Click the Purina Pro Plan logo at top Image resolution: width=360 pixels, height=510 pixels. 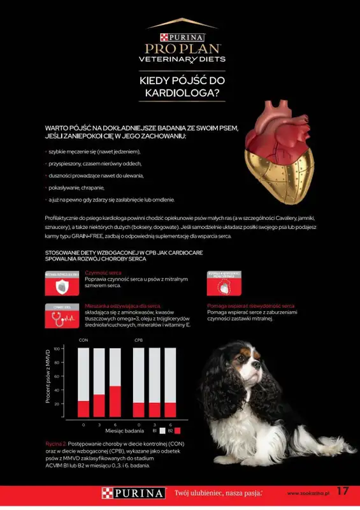point(180,43)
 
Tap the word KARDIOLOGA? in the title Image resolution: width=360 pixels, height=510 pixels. point(180,94)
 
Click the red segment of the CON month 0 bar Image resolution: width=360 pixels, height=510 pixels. point(83,409)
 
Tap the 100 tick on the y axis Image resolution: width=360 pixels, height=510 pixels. point(57,349)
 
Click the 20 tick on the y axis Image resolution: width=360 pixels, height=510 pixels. point(57,404)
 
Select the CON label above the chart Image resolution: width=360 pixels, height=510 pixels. point(83,340)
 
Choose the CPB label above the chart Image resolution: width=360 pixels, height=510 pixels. point(138,340)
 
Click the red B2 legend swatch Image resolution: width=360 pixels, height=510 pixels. point(178,431)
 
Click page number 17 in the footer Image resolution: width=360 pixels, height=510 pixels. point(343,492)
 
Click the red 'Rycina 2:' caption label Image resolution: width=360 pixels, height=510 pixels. point(56,442)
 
